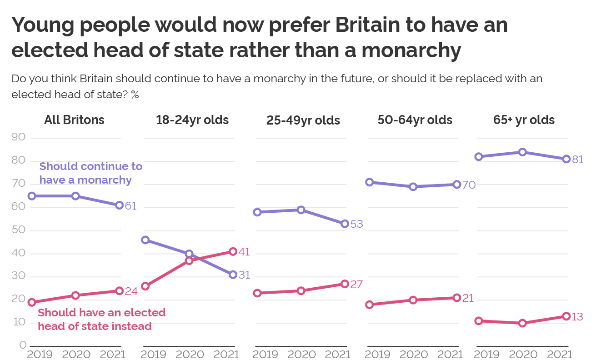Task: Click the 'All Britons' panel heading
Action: point(74,120)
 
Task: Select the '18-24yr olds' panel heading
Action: point(192,120)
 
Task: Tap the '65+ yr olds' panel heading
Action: point(524,120)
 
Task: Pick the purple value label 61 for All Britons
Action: point(130,206)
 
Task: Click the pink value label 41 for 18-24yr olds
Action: point(244,252)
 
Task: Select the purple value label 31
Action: point(244,275)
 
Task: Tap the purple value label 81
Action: point(577,160)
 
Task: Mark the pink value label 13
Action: point(577,317)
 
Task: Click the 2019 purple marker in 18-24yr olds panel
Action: point(145,240)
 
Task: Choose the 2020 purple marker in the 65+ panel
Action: point(522,152)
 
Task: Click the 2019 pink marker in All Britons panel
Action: point(32,302)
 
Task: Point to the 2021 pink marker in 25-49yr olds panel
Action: point(345,284)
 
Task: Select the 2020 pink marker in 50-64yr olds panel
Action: point(413,300)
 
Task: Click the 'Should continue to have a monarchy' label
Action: point(90,173)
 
